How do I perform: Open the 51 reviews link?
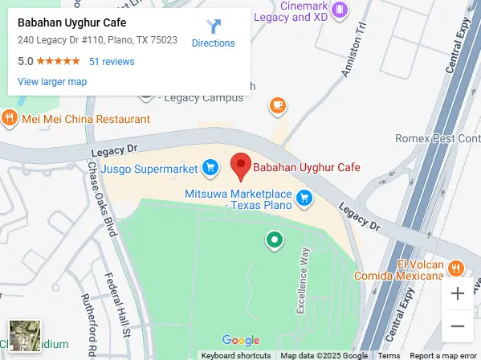point(112,61)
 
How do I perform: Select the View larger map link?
point(52,81)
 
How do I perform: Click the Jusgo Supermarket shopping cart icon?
point(210,167)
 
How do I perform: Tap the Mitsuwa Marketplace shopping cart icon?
point(304,197)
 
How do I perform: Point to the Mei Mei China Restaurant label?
point(86,119)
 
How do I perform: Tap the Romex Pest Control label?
point(437,138)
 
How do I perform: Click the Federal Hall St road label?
point(118,304)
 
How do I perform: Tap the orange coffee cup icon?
point(278,104)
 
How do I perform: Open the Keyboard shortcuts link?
point(236,355)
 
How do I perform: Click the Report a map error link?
point(443,355)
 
